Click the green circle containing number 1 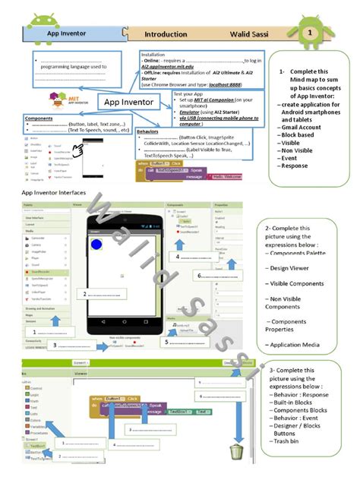click(310, 33)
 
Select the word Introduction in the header click(166, 34)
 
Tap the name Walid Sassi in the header click(251, 34)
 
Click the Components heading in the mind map click(39, 118)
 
